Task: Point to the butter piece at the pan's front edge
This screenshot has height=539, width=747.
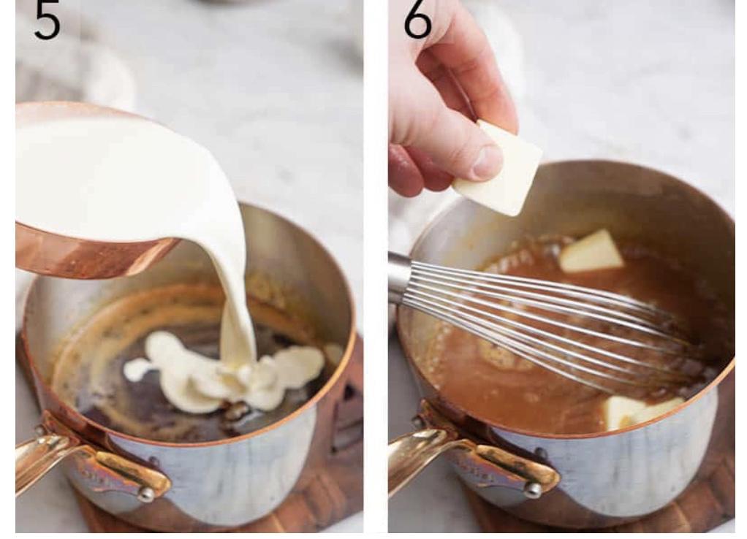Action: point(641,411)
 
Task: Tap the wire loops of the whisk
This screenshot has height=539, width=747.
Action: point(548,319)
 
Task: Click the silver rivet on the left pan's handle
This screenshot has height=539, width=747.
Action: point(146,494)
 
